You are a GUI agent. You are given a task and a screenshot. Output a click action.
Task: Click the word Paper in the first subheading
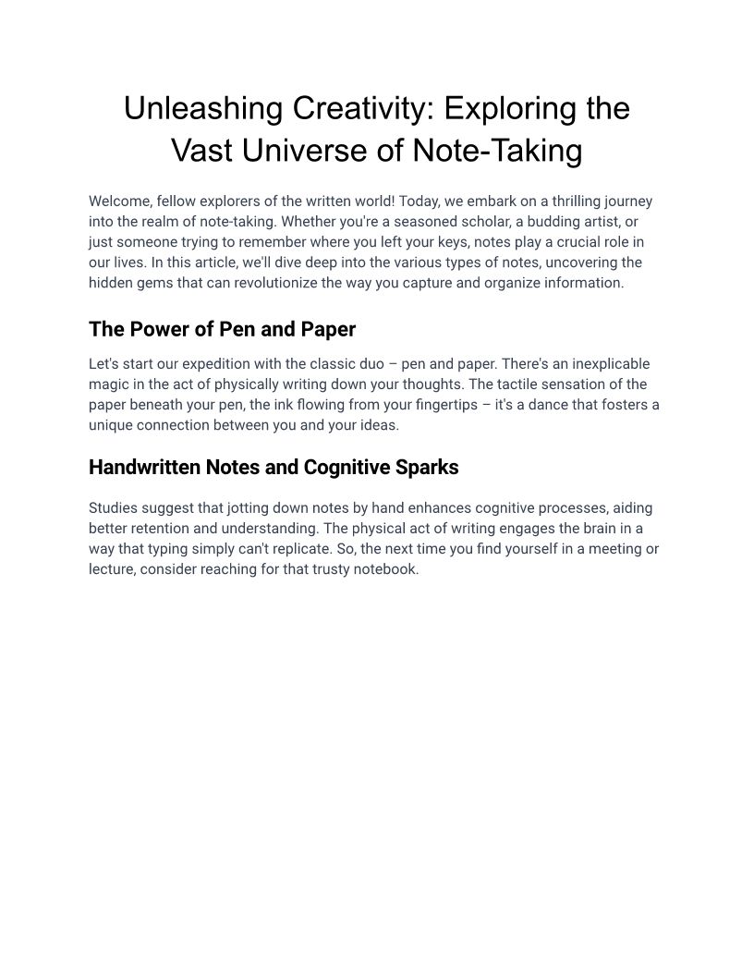point(328,330)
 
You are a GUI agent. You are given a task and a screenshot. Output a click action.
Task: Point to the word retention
point(164,529)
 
